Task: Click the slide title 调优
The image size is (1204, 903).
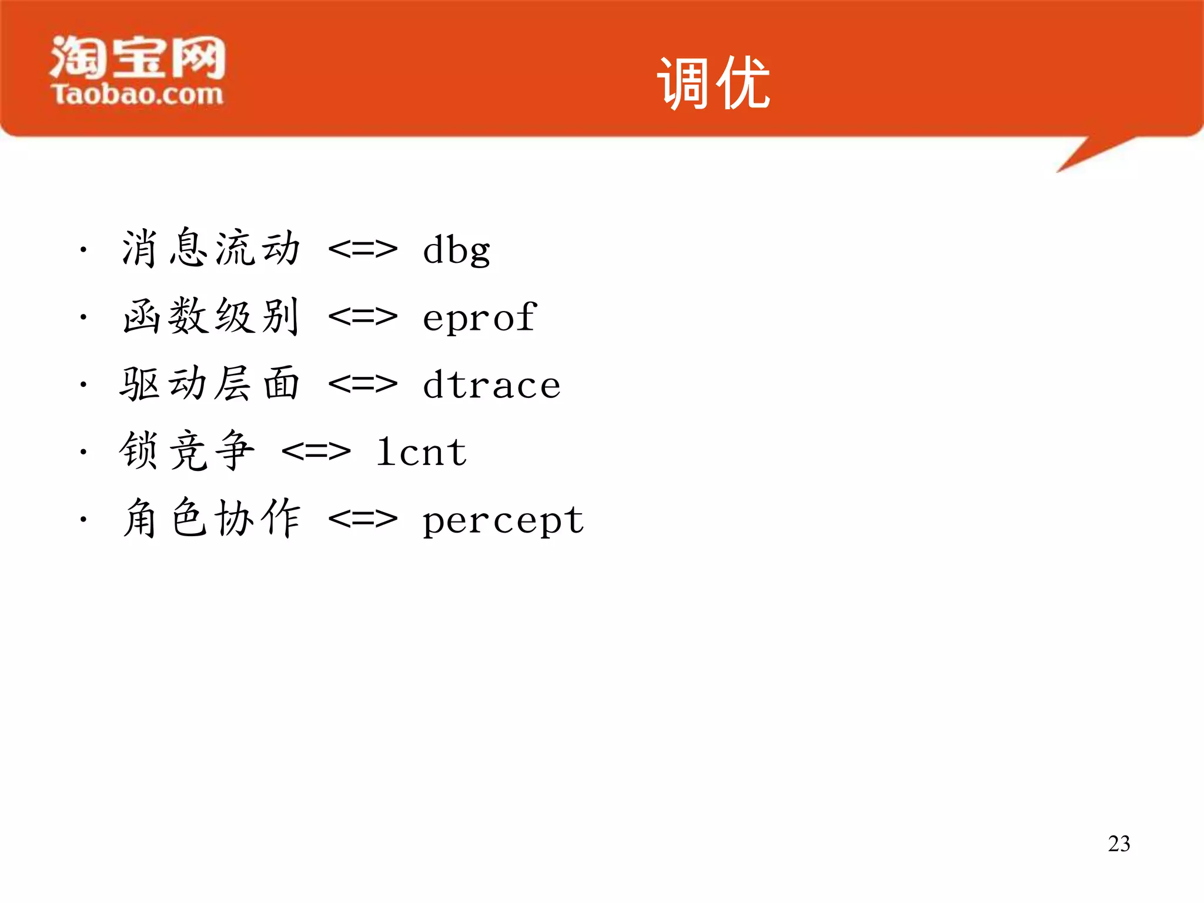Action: pos(713,83)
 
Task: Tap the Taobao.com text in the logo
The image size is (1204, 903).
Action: pos(138,95)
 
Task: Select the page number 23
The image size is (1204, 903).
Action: pos(1119,844)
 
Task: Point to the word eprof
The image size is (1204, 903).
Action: pos(479,317)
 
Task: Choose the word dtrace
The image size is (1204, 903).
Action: pos(491,385)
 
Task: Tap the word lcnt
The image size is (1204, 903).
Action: pos(422,452)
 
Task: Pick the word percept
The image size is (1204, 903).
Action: pos(503,520)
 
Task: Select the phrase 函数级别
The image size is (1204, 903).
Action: pos(211,316)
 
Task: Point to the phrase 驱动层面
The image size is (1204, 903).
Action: pos(210,384)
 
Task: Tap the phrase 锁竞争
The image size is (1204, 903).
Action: pos(187,451)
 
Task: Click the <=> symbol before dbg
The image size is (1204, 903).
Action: pos(363,249)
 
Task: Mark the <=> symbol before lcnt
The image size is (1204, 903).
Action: pos(316,451)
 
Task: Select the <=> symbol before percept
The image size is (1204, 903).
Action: pos(363,519)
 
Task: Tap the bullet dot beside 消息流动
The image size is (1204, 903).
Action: pos(83,250)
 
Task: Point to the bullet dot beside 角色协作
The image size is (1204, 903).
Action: pos(83,519)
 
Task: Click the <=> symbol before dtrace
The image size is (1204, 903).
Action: pos(363,384)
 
